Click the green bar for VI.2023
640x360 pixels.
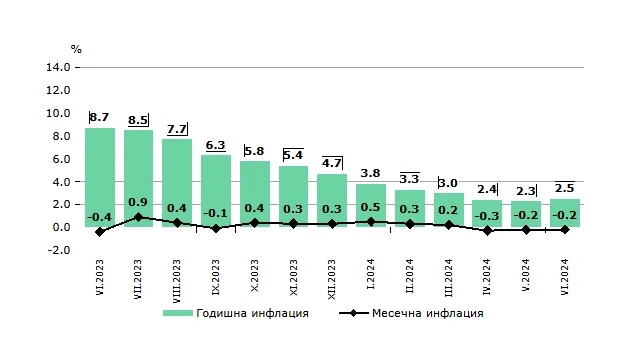100,178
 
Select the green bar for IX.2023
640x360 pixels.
216,191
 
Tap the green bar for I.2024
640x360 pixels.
371,205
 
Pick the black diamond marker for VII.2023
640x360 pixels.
138,217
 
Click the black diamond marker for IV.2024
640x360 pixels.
487,231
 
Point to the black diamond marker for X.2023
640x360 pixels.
255,223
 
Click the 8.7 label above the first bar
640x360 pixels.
99,117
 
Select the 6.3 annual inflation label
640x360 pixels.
216,145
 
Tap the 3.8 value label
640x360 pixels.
371,173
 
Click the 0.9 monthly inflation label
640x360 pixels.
138,202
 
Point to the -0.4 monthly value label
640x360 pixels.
99,217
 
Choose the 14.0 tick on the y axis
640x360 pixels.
58,67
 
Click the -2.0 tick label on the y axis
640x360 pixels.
59,250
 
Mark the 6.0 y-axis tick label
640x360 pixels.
61,159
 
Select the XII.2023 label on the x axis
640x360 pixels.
332,279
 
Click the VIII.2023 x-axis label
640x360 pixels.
177,281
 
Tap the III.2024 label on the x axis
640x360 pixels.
449,278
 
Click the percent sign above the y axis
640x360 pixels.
76,49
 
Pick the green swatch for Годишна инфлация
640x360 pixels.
178,313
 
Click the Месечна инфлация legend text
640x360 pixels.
428,313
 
